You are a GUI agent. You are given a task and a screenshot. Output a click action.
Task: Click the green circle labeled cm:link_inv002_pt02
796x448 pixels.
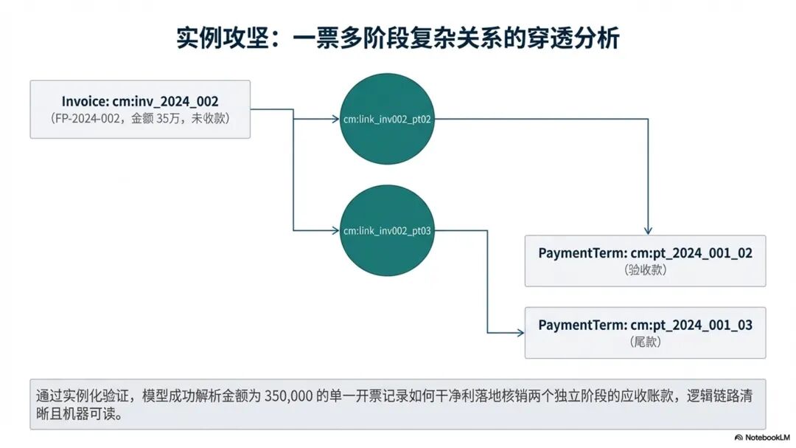click(387, 120)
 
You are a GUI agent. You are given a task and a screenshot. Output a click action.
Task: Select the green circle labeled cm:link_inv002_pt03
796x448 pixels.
click(387, 231)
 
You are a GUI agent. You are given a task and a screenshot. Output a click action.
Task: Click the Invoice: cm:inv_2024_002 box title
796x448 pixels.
click(140, 101)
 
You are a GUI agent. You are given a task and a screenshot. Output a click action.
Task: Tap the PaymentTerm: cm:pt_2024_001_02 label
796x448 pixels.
click(645, 253)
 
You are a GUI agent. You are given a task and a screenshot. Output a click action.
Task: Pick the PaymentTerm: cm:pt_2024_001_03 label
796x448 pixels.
click(645, 325)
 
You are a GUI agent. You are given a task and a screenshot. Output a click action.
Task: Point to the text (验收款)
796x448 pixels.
click(645, 270)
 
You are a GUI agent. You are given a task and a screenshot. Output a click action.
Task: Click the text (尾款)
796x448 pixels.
click(645, 342)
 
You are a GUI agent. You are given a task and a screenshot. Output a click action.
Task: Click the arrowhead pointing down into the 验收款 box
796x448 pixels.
click(648, 230)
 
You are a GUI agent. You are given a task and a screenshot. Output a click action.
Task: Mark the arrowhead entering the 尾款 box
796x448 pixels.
click(520, 333)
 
